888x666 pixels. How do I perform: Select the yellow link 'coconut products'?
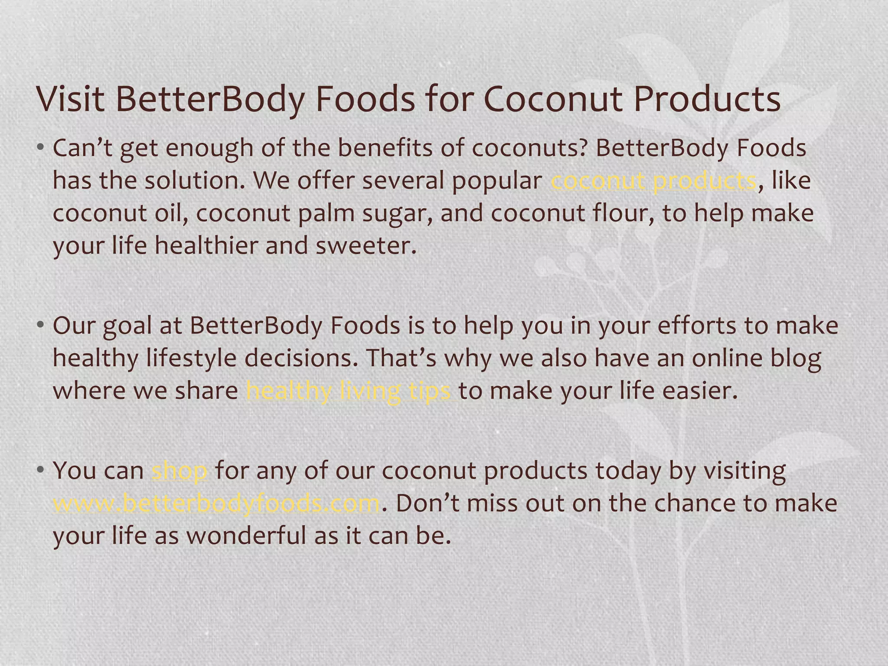[653, 181]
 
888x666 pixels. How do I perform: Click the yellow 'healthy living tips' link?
[348, 391]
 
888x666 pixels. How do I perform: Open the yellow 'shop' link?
[180, 471]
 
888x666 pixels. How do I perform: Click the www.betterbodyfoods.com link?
[216, 503]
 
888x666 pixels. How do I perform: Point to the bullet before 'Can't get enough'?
[40, 148]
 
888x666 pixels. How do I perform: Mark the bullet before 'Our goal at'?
[40, 325]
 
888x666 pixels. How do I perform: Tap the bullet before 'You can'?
[40, 470]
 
